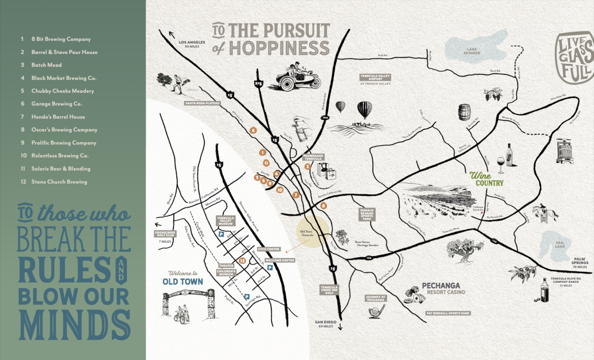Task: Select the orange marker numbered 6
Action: [x=253, y=130]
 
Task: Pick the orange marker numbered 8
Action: [x=324, y=205]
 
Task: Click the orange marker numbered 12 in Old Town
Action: [x=242, y=260]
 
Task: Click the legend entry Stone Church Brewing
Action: [x=59, y=182]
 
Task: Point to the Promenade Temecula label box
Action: [x=313, y=156]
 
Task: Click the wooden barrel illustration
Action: [x=464, y=113]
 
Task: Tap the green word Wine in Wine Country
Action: [x=480, y=175]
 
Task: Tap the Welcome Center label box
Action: [x=280, y=260]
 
